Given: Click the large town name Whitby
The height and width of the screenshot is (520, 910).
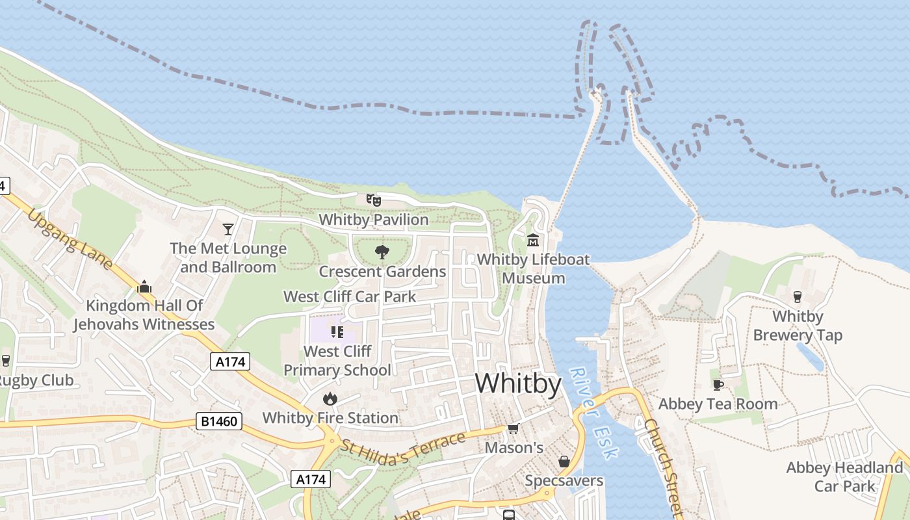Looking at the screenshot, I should pyautogui.click(x=518, y=384).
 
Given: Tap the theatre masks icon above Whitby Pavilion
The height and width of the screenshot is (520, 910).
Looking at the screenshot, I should pyautogui.click(x=373, y=200).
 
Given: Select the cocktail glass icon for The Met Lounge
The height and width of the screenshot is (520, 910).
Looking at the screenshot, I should pyautogui.click(x=227, y=229).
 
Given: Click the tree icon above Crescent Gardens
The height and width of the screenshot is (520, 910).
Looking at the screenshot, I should pyautogui.click(x=382, y=252).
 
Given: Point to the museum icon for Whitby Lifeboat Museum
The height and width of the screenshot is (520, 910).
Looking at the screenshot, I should pyautogui.click(x=533, y=240).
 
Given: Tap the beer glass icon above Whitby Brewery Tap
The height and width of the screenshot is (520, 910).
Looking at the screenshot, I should pyautogui.click(x=798, y=297).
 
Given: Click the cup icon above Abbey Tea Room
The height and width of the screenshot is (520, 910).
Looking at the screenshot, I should pyautogui.click(x=718, y=385).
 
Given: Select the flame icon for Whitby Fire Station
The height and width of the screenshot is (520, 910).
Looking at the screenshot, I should pyautogui.click(x=330, y=398).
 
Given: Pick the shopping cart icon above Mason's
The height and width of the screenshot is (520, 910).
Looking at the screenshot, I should pyautogui.click(x=513, y=428).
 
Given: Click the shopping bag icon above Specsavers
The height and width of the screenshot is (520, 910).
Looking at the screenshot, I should pyautogui.click(x=564, y=461).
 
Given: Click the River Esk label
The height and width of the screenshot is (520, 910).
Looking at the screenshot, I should pyautogui.click(x=593, y=413).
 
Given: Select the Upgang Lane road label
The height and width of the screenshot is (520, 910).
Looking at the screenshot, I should pyautogui.click(x=71, y=239).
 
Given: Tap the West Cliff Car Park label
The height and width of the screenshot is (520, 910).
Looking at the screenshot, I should pyautogui.click(x=350, y=297).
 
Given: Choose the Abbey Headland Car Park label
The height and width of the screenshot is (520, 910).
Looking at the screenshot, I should pyautogui.click(x=844, y=476).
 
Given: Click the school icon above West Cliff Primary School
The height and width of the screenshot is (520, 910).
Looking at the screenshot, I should pyautogui.click(x=337, y=332).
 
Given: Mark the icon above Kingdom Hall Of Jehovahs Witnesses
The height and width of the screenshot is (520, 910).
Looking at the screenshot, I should pyautogui.click(x=144, y=287).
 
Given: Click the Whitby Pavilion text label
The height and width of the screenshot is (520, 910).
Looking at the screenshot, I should pyautogui.click(x=374, y=220).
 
